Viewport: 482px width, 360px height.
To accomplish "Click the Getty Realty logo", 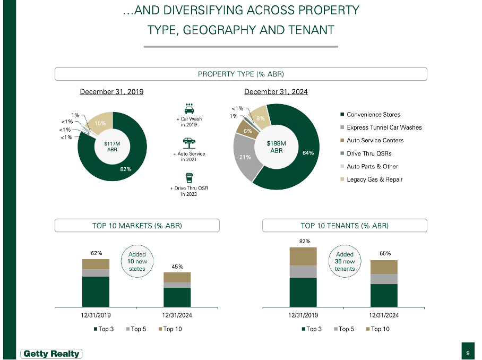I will click(51, 354).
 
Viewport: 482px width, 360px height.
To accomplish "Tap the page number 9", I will click(468, 353).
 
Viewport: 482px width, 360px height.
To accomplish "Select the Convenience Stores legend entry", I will click(373, 115).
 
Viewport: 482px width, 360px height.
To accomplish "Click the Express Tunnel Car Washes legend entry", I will click(384, 127).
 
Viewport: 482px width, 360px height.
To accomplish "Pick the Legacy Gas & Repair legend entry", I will click(374, 179).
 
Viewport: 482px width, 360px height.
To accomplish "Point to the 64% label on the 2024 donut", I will click(308, 153).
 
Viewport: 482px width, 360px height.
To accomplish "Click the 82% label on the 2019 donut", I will click(125, 169).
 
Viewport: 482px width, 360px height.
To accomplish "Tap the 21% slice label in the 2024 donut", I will click(245, 157).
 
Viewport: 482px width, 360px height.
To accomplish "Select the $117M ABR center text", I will click(112, 147).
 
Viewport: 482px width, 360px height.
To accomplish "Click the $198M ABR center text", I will click(276, 147).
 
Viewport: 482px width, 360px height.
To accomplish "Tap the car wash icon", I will click(188, 108).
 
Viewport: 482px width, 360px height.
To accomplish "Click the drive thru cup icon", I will click(188, 178).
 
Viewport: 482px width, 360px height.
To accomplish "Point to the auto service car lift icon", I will click(188, 142).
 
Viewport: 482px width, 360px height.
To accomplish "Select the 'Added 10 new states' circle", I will click(137, 261).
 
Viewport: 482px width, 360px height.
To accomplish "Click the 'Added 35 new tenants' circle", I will click(345, 261).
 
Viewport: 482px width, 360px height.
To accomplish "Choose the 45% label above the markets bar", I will click(177, 267).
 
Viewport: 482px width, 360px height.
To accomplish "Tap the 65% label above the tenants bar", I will click(385, 254).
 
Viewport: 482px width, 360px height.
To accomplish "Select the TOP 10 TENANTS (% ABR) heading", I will click(345, 226).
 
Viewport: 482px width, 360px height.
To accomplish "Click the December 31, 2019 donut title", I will click(111, 92).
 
